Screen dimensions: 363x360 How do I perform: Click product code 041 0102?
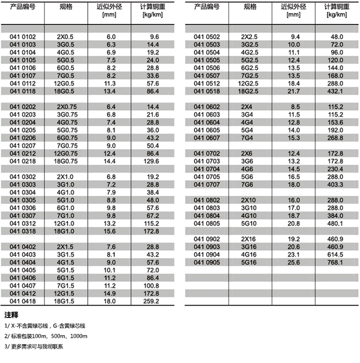23,36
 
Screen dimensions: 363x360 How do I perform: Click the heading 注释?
11,316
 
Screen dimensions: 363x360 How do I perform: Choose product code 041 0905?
207,262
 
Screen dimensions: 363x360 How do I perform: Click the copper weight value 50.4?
152,146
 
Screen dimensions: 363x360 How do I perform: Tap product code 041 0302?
23,177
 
